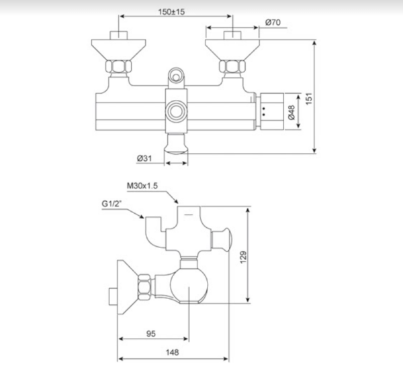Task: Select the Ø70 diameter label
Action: pyautogui.click(x=273, y=22)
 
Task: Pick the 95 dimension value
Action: pyautogui.click(x=152, y=332)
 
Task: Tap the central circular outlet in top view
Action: pyautogui.click(x=177, y=111)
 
